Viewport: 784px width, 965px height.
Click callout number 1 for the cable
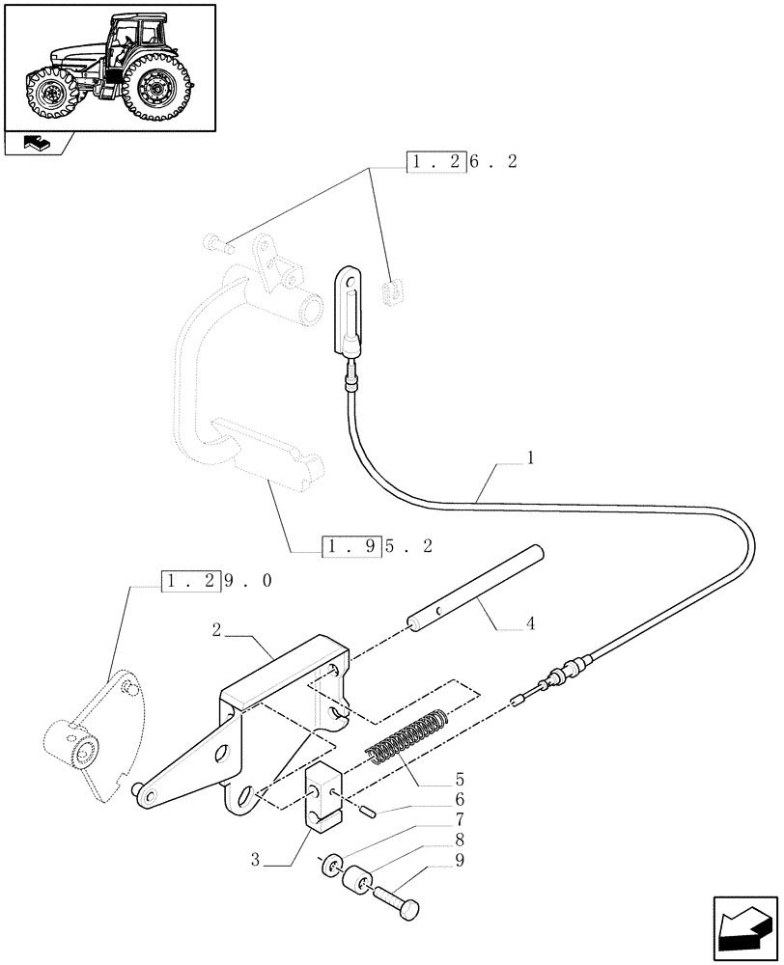(x=530, y=458)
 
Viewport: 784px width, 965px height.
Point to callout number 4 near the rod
(x=530, y=624)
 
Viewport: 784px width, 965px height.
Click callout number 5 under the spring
(x=459, y=778)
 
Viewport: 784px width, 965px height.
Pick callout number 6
(x=459, y=799)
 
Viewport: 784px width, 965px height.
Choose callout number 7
(x=459, y=820)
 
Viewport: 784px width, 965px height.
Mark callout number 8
(x=459, y=841)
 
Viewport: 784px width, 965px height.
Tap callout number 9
(x=459, y=862)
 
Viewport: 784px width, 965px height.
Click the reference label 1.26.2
(x=462, y=162)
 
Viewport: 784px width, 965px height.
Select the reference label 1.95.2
(x=378, y=546)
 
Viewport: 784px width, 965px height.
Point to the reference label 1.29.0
(x=216, y=582)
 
